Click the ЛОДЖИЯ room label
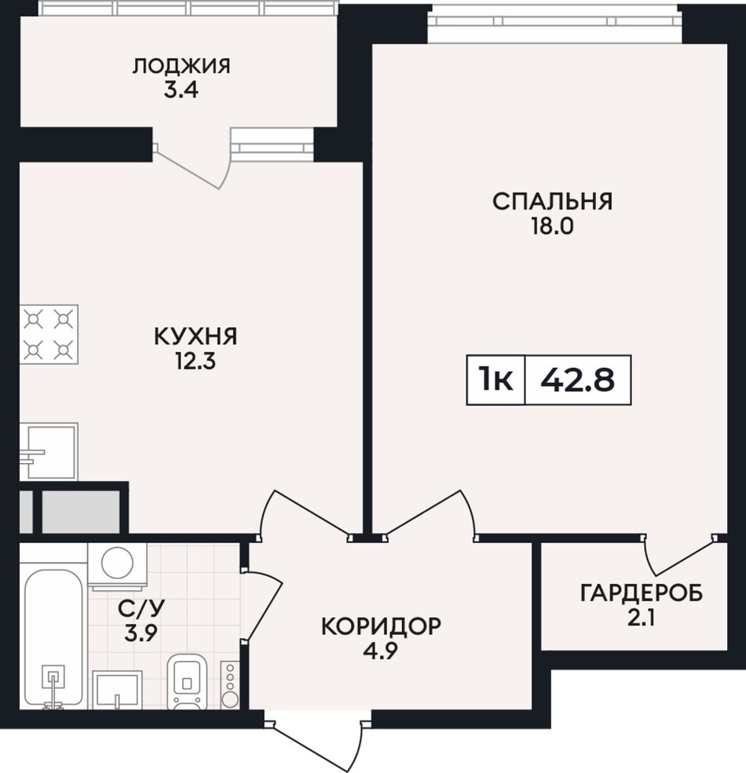181,66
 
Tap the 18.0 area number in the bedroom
552,226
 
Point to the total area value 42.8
578,380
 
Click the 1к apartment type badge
496,380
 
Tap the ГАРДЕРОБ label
642,593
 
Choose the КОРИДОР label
382,626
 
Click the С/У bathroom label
141,609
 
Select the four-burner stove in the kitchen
49,335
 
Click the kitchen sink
49,451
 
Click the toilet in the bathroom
188,681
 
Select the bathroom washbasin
117,690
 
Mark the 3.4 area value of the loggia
181,91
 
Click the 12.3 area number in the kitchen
196,362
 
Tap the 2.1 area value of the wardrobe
642,618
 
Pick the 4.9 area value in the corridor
382,651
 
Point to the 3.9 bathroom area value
141,634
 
